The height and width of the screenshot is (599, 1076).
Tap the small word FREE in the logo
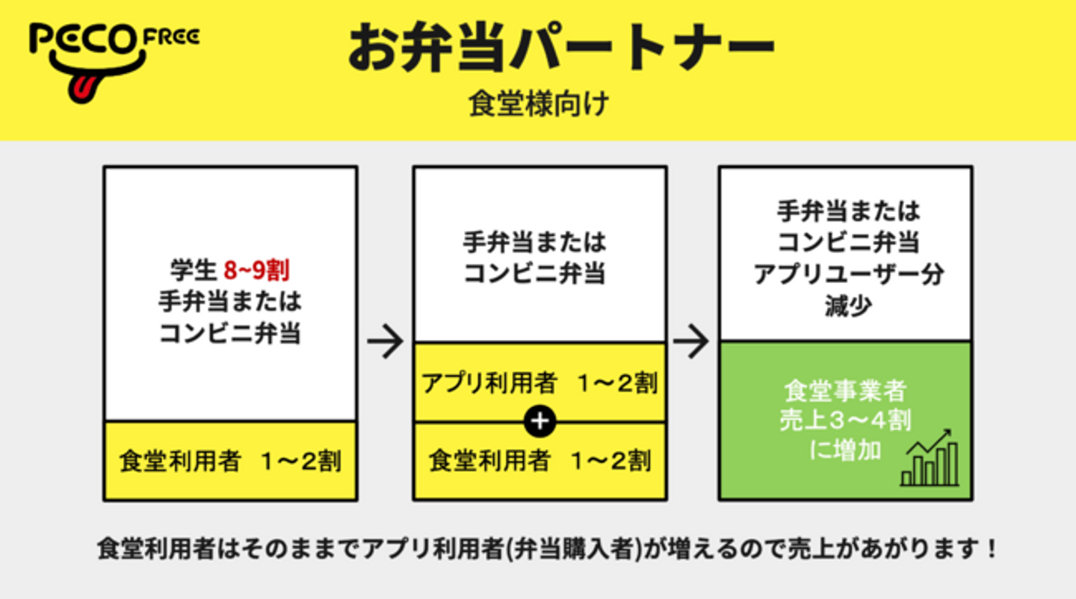pyautogui.click(x=172, y=37)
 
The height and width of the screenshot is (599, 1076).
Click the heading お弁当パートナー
pyautogui.click(x=561, y=47)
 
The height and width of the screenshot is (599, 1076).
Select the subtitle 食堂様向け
pyautogui.click(x=539, y=103)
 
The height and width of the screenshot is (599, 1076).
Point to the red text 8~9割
pyautogui.click(x=257, y=270)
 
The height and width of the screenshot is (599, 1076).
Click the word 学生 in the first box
pyautogui.click(x=194, y=270)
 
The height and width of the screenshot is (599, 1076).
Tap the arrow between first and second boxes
pyautogui.click(x=385, y=341)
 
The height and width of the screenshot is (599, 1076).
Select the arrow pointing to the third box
pyautogui.click(x=690, y=341)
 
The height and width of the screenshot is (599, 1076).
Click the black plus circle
pyautogui.click(x=540, y=421)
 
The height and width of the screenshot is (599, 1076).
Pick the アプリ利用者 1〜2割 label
pyautogui.click(x=539, y=383)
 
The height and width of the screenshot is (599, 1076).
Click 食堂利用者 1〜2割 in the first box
pyautogui.click(x=230, y=462)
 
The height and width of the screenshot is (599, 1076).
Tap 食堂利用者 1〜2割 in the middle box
pyautogui.click(x=539, y=462)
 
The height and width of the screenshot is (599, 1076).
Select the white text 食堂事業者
pyautogui.click(x=845, y=391)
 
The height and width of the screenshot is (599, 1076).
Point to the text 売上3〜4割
pyautogui.click(x=845, y=420)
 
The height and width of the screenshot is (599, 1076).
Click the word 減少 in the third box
pyautogui.click(x=848, y=305)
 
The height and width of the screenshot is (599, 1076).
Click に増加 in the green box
pyautogui.click(x=845, y=450)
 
